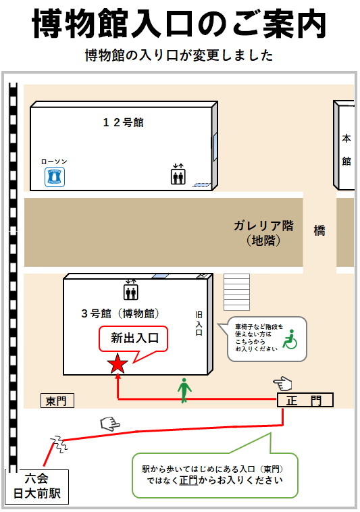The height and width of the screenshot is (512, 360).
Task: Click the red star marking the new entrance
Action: pyautogui.click(x=118, y=363)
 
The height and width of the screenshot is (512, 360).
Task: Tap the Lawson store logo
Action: pyautogui.click(x=55, y=177)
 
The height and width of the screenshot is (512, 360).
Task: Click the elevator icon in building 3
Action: pyautogui.click(x=131, y=290)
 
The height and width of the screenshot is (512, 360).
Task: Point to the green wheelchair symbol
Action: pyautogui.click(x=290, y=339)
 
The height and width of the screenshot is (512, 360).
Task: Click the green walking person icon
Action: pyautogui.click(x=184, y=390)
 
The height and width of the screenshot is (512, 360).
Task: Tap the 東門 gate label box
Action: pyautogui.click(x=57, y=401)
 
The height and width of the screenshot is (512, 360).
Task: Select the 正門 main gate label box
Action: pyautogui.click(x=305, y=400)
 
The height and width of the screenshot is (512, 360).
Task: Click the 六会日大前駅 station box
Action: pyautogui.click(x=37, y=486)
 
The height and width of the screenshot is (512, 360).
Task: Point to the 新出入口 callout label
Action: pyautogui.click(x=134, y=338)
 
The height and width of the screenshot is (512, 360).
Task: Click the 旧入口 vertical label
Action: pyautogui.click(x=199, y=324)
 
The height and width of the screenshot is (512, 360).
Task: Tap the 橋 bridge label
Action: pyautogui.click(x=319, y=230)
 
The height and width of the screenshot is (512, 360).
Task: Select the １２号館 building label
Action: pyautogui.click(x=124, y=122)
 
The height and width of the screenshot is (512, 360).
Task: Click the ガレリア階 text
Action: pyautogui.click(x=263, y=226)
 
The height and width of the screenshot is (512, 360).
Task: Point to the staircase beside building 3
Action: pyautogui.click(x=236, y=292)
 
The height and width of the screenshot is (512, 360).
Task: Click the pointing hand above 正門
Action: pyautogui.click(x=282, y=384)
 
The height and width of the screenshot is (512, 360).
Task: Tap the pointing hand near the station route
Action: pyautogui.click(x=110, y=424)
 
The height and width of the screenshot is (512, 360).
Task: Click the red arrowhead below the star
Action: pyautogui.click(x=118, y=376)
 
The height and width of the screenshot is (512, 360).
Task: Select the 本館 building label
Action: pyautogui.click(x=346, y=149)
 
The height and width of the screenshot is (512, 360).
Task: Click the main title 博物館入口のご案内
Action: pyautogui.click(x=179, y=24)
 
